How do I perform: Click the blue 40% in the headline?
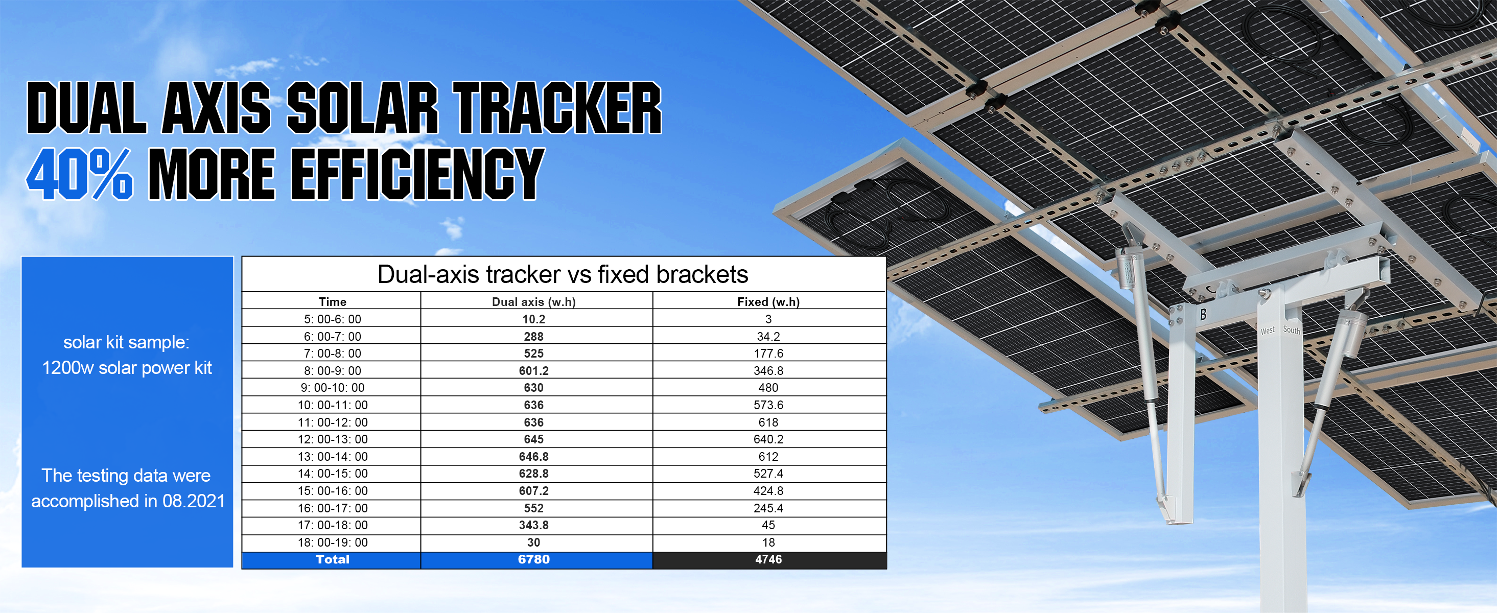(80, 174)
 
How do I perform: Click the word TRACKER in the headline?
(557, 107)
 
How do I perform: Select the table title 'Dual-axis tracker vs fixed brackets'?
(563, 274)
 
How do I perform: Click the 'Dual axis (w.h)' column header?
(533, 301)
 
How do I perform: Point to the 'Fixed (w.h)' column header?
(768, 301)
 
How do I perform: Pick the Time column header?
(333, 301)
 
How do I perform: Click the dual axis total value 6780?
(533, 559)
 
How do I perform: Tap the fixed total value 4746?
(768, 559)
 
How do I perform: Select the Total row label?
(333, 559)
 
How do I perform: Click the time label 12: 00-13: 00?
(333, 439)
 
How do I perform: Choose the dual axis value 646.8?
(533, 456)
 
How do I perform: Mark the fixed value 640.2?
(768, 439)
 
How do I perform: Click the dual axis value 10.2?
(533, 319)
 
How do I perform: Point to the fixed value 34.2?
(768, 337)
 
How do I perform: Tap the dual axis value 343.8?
(533, 525)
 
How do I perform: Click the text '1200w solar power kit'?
(127, 368)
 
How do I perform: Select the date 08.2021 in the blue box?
(194, 501)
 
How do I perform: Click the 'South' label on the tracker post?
(1291, 330)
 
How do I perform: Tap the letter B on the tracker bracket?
(1203, 314)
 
